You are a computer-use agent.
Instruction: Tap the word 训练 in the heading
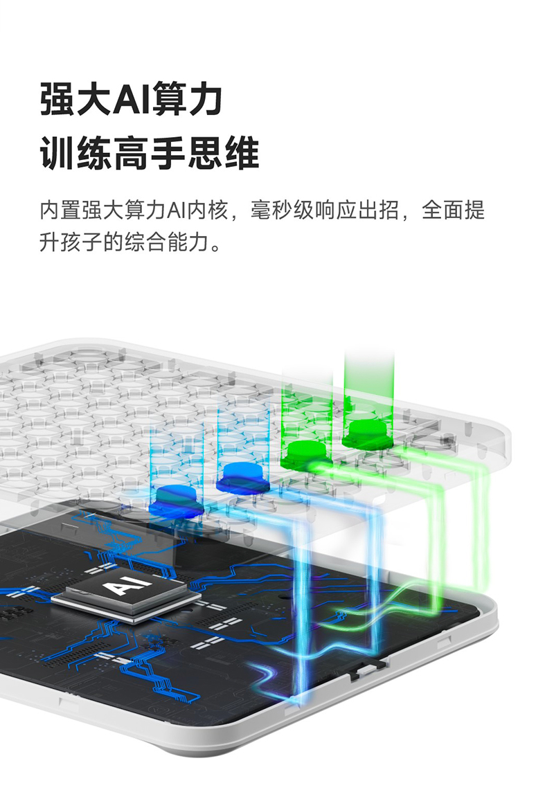(75, 153)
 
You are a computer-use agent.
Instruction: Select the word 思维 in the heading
(223, 153)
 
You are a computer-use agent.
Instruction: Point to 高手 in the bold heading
(149, 153)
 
